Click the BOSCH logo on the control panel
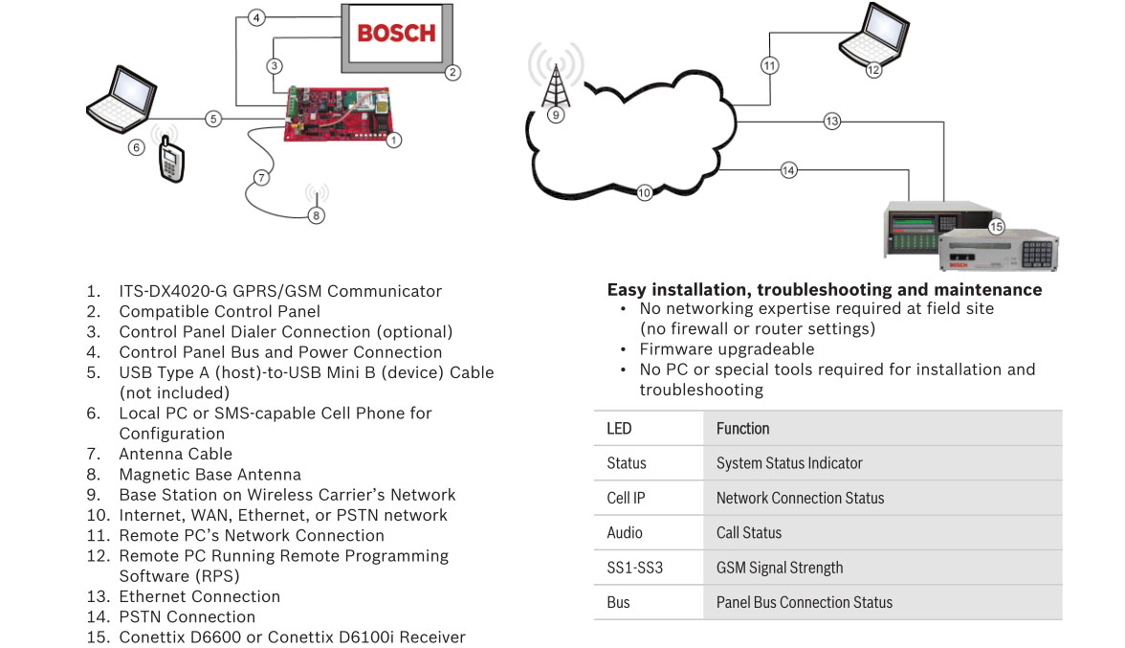pos(395,33)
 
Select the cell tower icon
pos(556,78)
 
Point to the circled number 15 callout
pos(996,227)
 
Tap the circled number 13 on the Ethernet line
pos(831,122)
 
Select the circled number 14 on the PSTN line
pos(788,170)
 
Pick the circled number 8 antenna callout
pos(317,215)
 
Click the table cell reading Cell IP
pos(625,498)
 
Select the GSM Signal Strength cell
pos(780,568)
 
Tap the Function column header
pos(742,428)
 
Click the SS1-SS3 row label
pos(634,568)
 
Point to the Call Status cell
pos(749,532)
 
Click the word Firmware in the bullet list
pos(673,348)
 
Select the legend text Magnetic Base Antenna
pos(210,474)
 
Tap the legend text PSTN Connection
pos(187,616)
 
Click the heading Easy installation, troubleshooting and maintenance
pos(824,289)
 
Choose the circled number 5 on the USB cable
pos(213,119)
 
